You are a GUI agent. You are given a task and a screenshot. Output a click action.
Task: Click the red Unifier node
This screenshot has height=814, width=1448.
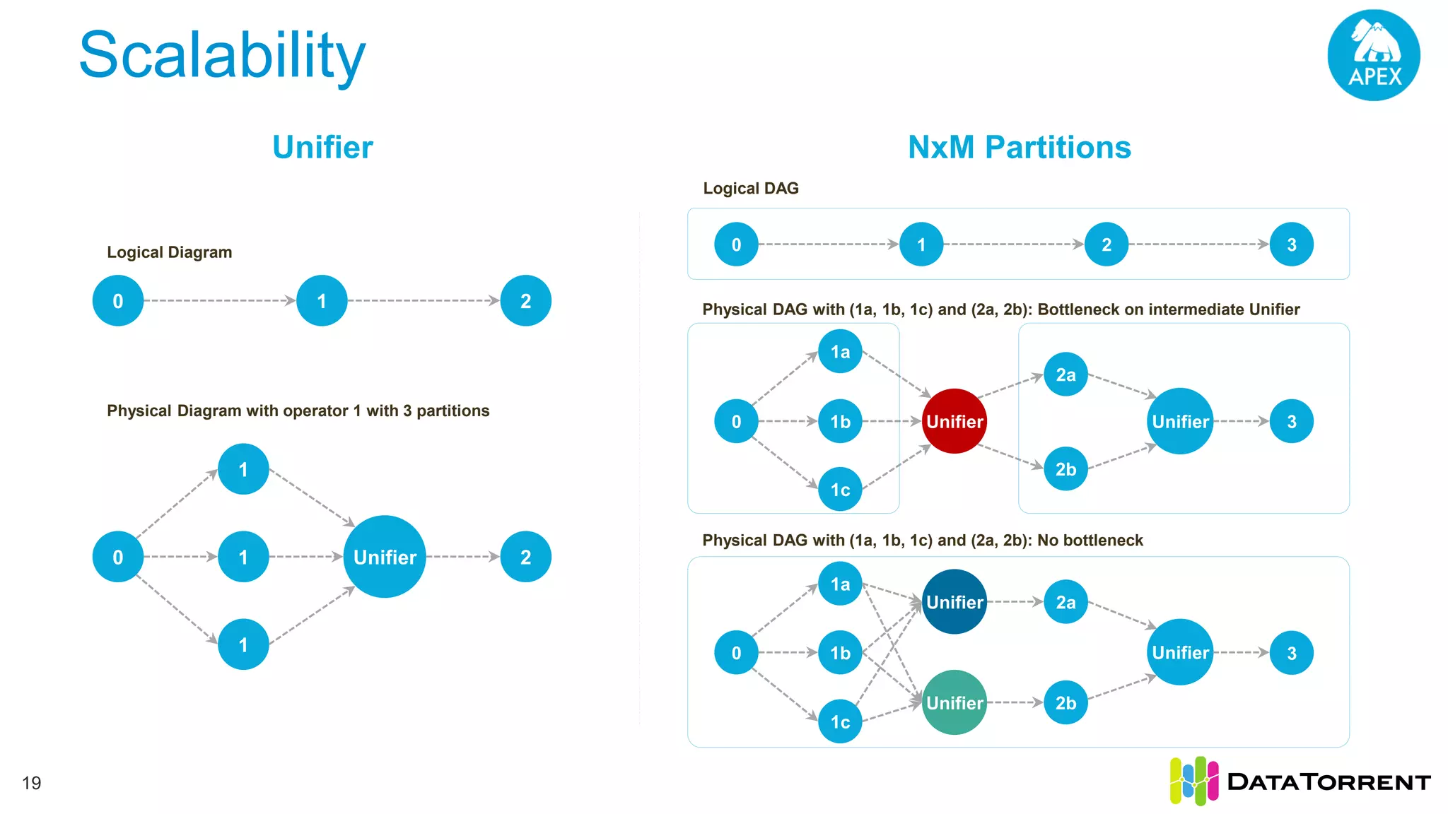coord(954,421)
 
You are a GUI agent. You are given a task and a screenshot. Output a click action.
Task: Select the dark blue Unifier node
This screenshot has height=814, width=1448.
coord(954,602)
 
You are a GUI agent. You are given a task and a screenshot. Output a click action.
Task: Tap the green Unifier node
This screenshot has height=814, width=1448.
coord(954,702)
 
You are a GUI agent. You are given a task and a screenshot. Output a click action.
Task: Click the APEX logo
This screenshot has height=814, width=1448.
coord(1374,55)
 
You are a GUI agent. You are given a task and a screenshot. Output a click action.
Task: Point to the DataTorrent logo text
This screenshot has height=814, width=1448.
coord(1329,782)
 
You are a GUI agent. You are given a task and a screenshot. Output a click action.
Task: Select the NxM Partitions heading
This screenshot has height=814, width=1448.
coord(1019,148)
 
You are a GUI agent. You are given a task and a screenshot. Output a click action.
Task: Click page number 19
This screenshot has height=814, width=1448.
coord(32,783)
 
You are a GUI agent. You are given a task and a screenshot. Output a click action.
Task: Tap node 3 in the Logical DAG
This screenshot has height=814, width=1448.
coord(1291,244)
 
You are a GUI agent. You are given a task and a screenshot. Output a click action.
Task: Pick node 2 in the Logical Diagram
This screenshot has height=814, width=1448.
coord(525,301)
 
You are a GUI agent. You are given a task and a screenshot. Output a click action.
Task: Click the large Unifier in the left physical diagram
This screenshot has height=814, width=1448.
coord(385,557)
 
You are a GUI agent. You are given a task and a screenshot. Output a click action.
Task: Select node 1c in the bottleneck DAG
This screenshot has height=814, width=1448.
coord(840,489)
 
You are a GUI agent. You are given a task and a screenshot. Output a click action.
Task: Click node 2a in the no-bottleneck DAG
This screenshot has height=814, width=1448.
coord(1065,602)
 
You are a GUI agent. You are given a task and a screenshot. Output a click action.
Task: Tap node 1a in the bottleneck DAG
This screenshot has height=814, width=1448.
coord(840,351)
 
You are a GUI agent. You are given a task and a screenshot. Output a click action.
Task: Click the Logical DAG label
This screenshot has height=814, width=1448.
coord(750,189)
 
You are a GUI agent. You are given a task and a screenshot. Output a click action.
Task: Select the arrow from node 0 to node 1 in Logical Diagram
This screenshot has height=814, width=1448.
coord(219,301)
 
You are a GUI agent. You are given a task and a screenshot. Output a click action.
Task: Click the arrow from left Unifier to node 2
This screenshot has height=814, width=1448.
coord(463,557)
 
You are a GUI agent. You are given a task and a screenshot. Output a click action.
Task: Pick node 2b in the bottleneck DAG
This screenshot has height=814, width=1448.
coord(1065,468)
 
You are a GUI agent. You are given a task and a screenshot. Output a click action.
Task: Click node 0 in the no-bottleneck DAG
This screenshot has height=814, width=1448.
coord(736,652)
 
